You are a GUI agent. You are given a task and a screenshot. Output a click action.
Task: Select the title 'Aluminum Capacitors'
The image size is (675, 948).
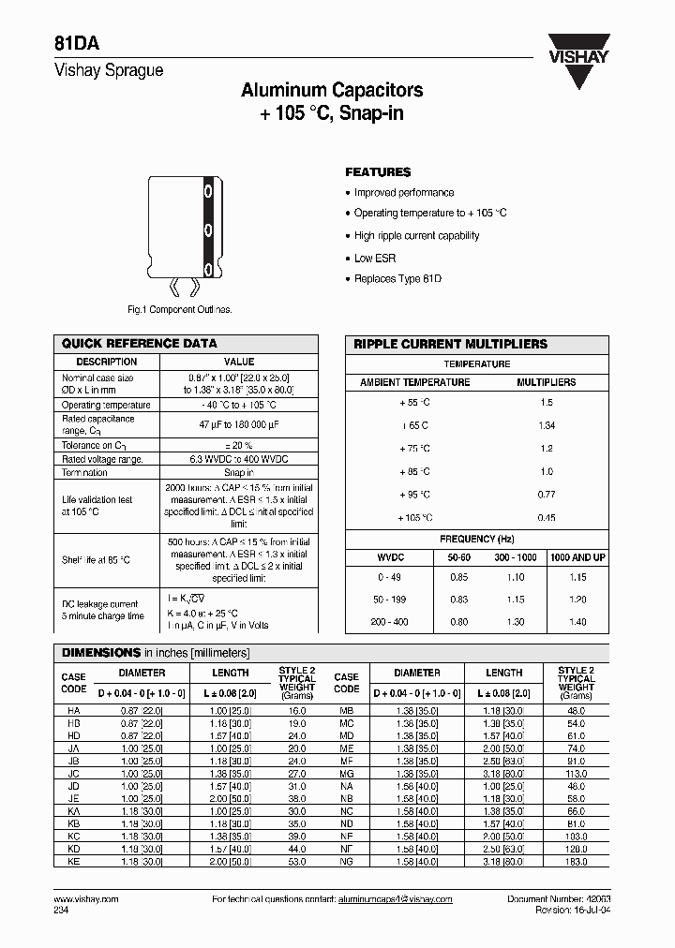coord(332,91)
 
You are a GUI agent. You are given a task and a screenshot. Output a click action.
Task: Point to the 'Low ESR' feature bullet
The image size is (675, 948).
coord(375,258)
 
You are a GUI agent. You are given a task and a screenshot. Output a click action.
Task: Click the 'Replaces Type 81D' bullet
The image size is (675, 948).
coord(397,279)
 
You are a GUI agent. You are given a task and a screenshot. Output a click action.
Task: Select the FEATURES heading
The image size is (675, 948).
coord(378,172)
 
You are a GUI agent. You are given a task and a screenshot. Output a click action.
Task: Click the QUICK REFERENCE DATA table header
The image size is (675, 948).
coord(139,344)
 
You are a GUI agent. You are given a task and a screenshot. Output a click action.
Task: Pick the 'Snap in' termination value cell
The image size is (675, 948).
coord(238,473)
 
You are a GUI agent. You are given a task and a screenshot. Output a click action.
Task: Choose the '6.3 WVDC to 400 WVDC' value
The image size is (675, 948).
coord(238,459)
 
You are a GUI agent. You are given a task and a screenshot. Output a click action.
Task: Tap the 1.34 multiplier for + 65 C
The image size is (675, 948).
coord(547,425)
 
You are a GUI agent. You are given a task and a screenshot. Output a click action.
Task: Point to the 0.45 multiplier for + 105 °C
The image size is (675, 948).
coord(547,518)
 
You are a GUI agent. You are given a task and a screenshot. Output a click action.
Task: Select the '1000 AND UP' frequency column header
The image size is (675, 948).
coord(577,557)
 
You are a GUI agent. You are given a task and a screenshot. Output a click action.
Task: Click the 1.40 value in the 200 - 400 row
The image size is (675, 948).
coord(577,622)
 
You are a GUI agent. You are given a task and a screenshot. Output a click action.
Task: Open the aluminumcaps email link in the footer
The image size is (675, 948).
coord(394,899)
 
